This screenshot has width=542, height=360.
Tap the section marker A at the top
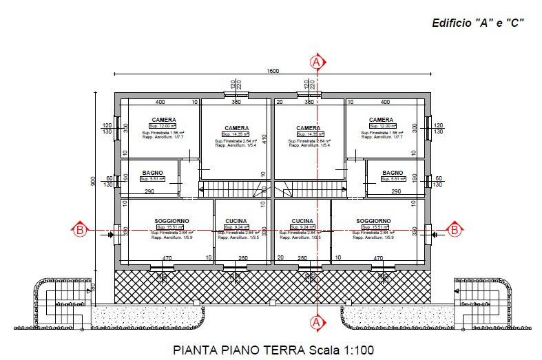(x=316, y=62)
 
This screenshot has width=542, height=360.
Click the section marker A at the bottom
(x=316, y=321)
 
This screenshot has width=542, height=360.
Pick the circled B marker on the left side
(x=80, y=230)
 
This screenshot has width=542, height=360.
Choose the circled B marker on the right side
(x=454, y=230)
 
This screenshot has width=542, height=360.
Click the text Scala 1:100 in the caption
(x=340, y=350)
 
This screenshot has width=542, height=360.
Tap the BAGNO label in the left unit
(x=152, y=172)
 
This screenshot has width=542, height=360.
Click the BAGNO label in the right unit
(x=392, y=172)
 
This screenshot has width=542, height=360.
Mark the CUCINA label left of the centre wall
(x=236, y=221)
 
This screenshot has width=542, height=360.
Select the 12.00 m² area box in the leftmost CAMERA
(x=164, y=126)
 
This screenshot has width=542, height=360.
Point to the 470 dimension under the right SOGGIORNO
(x=377, y=258)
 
